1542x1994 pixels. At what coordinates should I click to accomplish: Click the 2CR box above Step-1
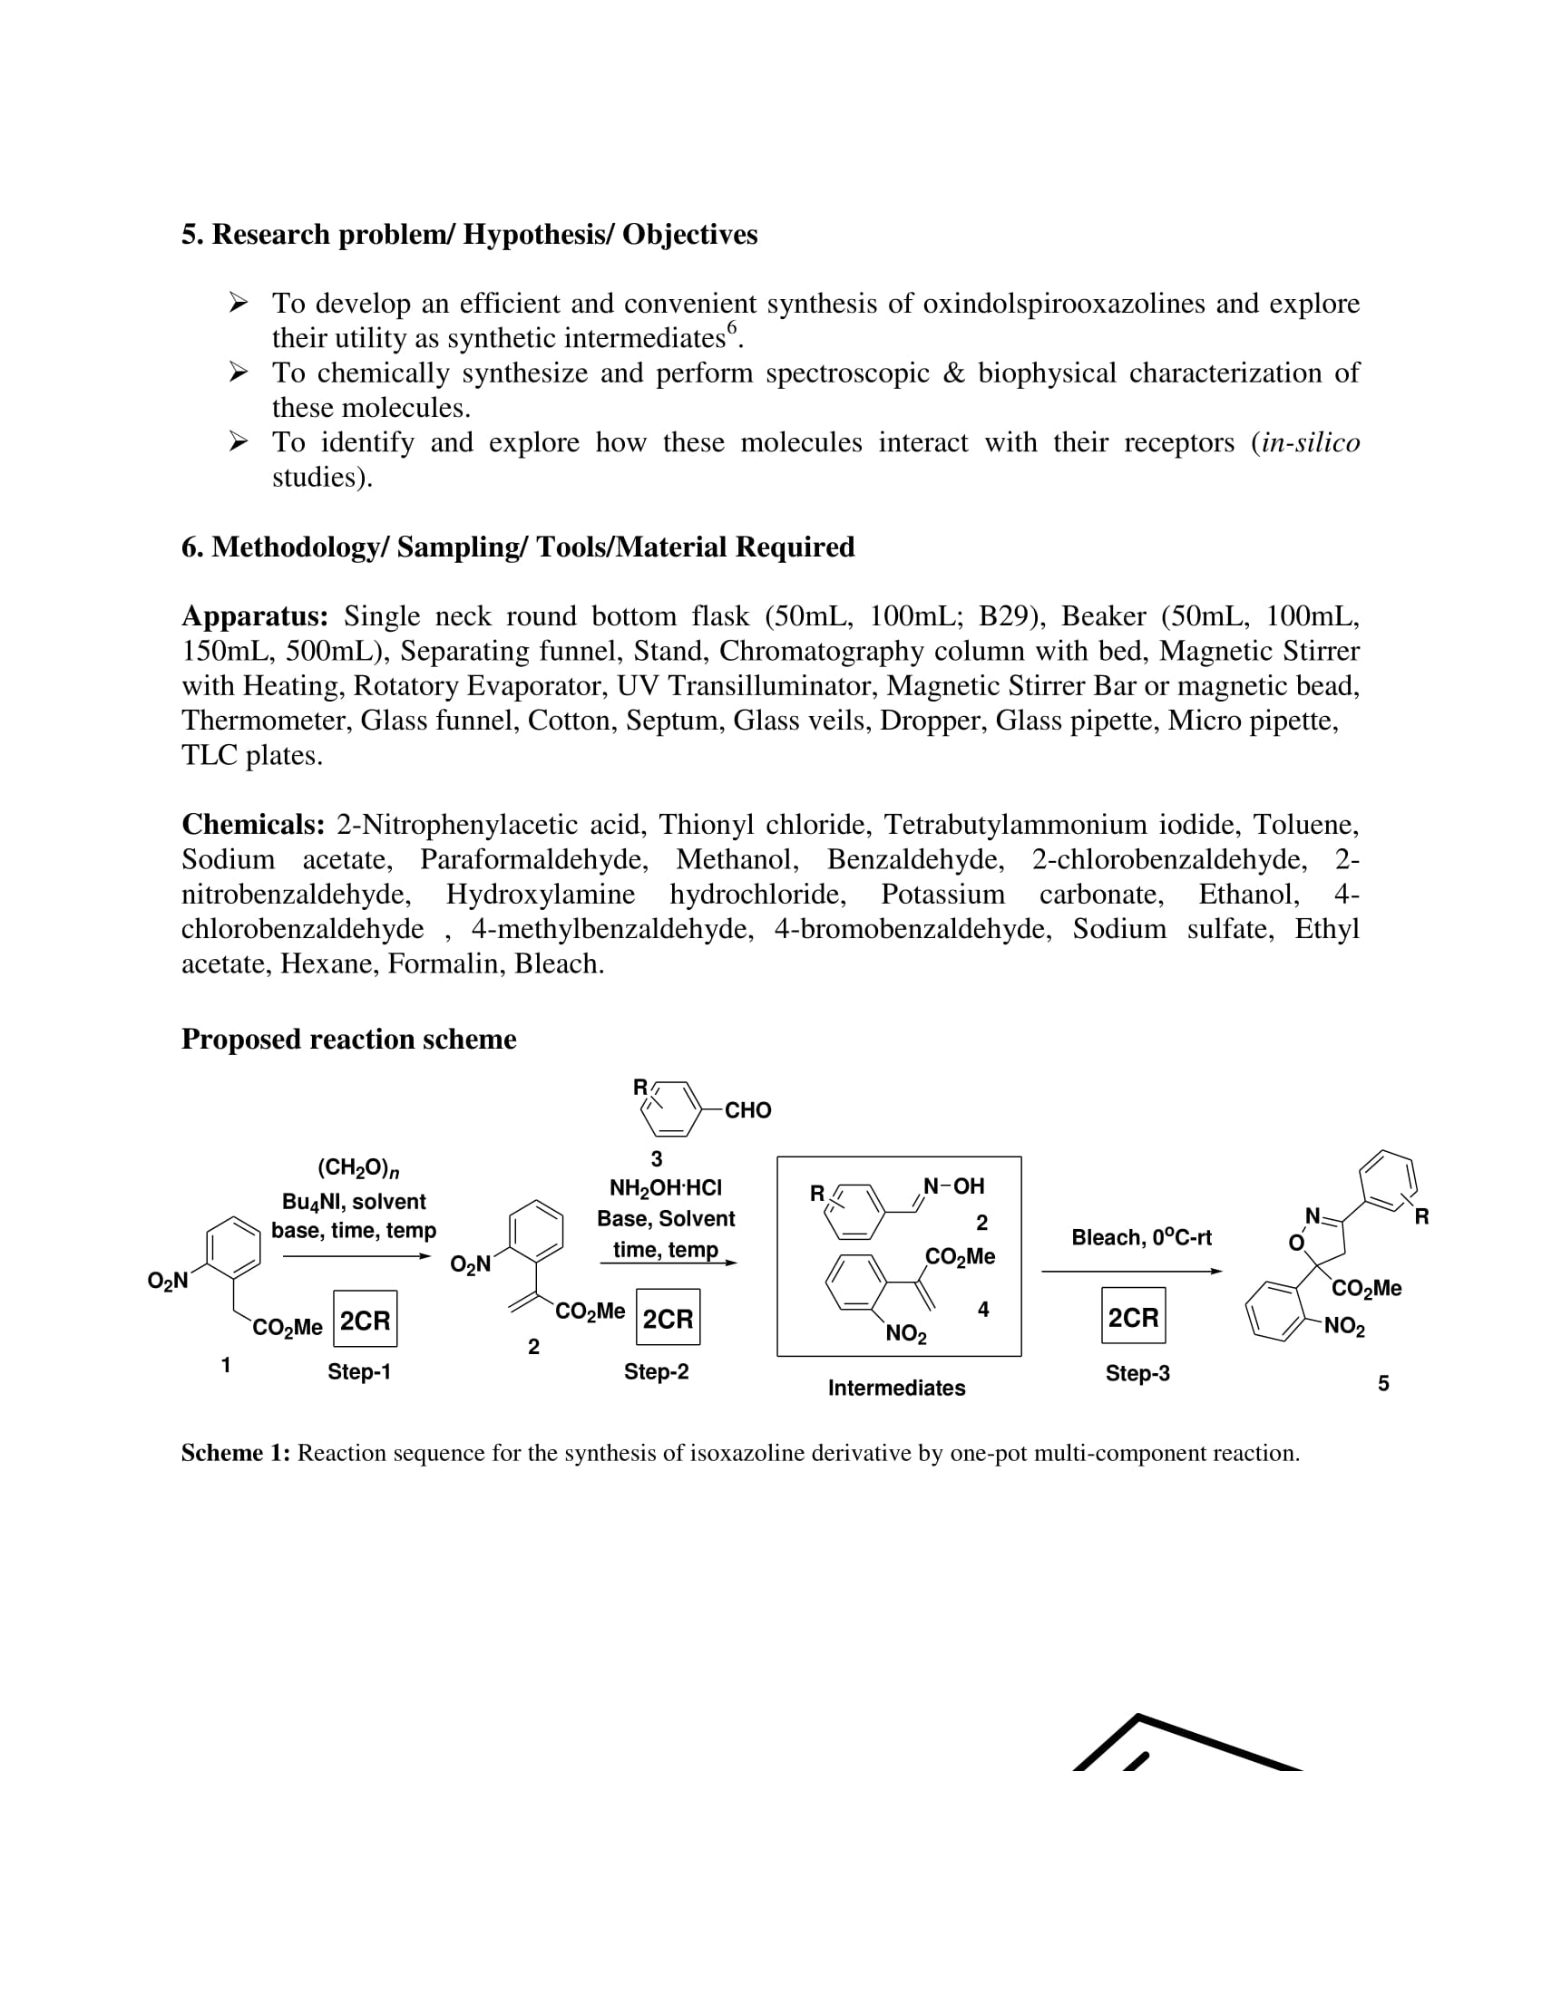[x=365, y=1321]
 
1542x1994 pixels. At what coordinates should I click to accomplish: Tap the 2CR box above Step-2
[x=668, y=1319]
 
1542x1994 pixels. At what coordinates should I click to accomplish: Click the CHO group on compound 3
[x=747, y=1110]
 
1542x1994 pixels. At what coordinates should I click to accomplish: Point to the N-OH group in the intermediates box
[x=953, y=1186]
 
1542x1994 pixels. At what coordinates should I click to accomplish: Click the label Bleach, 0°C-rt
[x=1141, y=1237]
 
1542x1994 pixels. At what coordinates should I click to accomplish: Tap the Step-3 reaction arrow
[x=1131, y=1271]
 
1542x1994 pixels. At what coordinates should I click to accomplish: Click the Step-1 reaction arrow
[x=356, y=1256]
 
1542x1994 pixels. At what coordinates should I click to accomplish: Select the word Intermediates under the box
[x=896, y=1388]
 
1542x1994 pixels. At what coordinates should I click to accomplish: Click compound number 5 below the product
[x=1383, y=1383]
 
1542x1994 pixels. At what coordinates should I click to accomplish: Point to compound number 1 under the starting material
[x=226, y=1365]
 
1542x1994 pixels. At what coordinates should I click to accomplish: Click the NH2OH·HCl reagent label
[x=665, y=1188]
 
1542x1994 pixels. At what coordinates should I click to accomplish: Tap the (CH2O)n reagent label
[x=358, y=1167]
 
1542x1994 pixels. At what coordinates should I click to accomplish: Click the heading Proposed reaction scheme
[x=348, y=1039]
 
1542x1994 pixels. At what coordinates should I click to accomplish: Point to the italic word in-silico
[x=1310, y=443]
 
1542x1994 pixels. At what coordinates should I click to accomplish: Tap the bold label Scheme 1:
[x=235, y=1453]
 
